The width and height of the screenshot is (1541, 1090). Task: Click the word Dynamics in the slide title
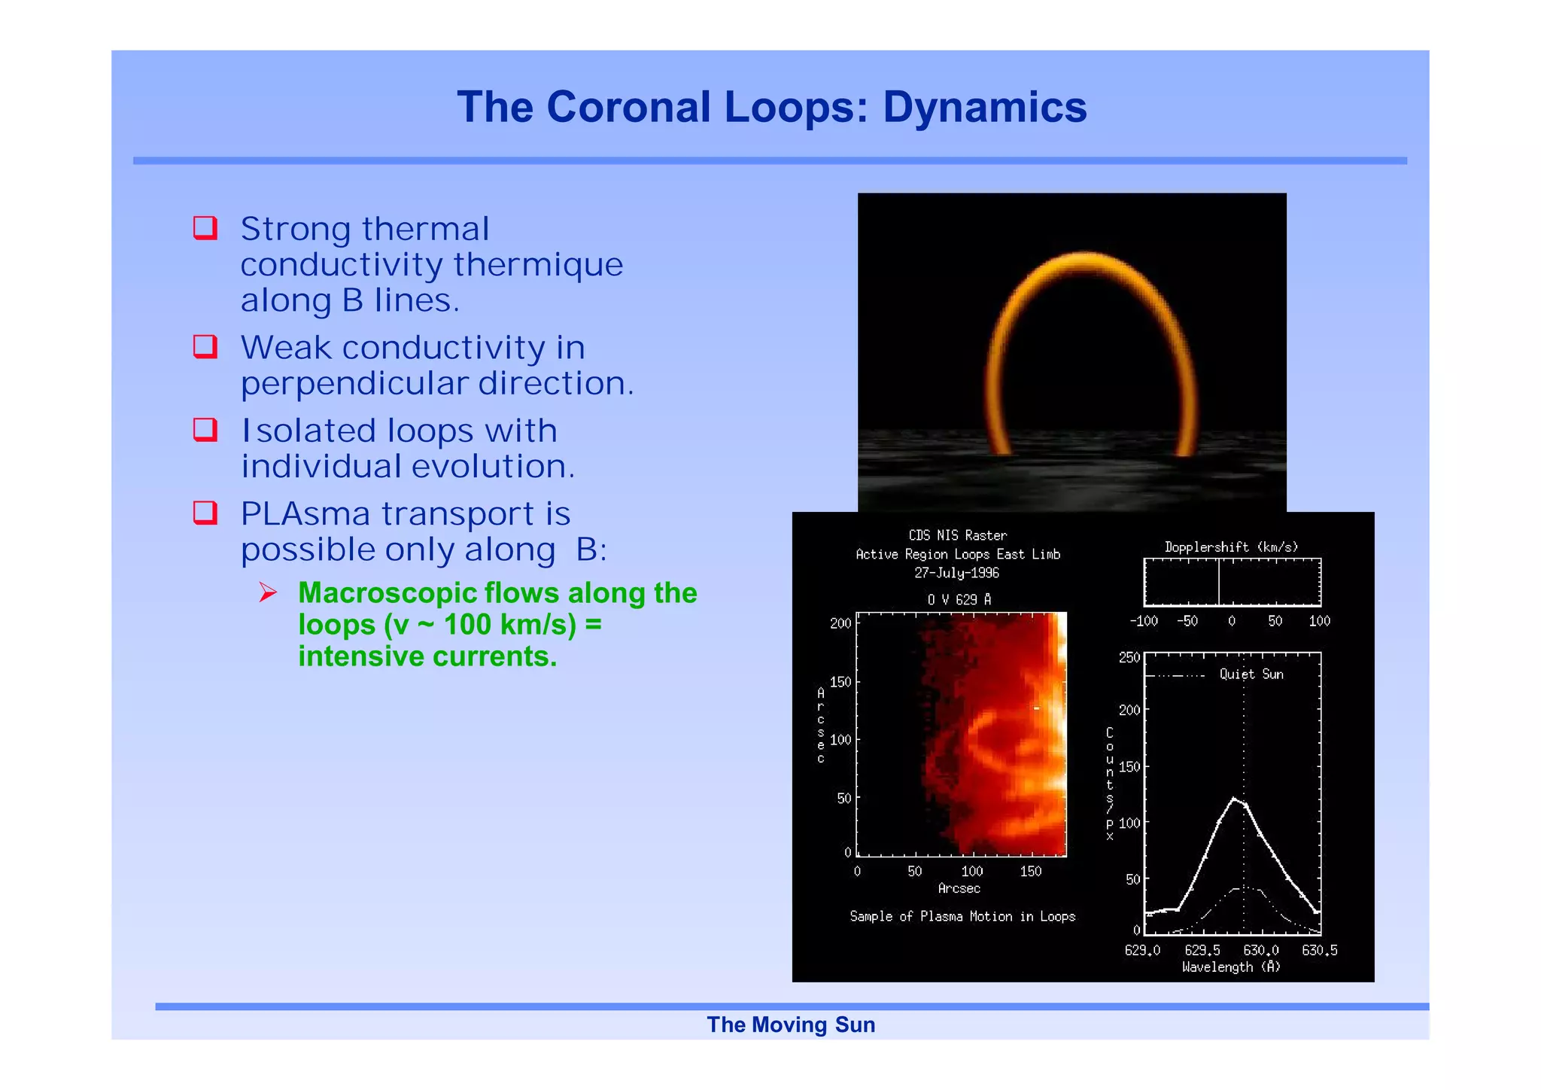point(984,107)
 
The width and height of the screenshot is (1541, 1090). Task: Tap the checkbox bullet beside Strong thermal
point(205,227)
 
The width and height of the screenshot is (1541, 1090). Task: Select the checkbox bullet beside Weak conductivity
point(205,346)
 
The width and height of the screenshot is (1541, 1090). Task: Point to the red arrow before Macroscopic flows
point(268,593)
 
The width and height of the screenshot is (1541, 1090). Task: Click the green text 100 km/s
point(509,625)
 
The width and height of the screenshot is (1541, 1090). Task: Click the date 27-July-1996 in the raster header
point(956,573)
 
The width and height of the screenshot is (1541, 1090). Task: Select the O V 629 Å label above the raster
point(959,600)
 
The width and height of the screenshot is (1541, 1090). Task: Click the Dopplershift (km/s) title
point(1231,547)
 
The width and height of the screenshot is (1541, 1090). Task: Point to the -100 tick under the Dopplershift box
point(1143,622)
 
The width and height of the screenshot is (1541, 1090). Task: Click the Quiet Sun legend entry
point(1251,674)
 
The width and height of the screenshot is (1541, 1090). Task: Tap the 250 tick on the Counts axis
point(1129,658)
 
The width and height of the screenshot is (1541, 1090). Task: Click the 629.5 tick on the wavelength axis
point(1202,951)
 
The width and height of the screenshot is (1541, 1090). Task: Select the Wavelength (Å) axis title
point(1231,967)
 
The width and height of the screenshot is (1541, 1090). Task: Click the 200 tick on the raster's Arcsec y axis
point(840,624)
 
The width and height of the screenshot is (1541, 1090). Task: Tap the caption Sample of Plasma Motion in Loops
point(962,917)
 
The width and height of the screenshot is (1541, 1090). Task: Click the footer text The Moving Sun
point(791,1025)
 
